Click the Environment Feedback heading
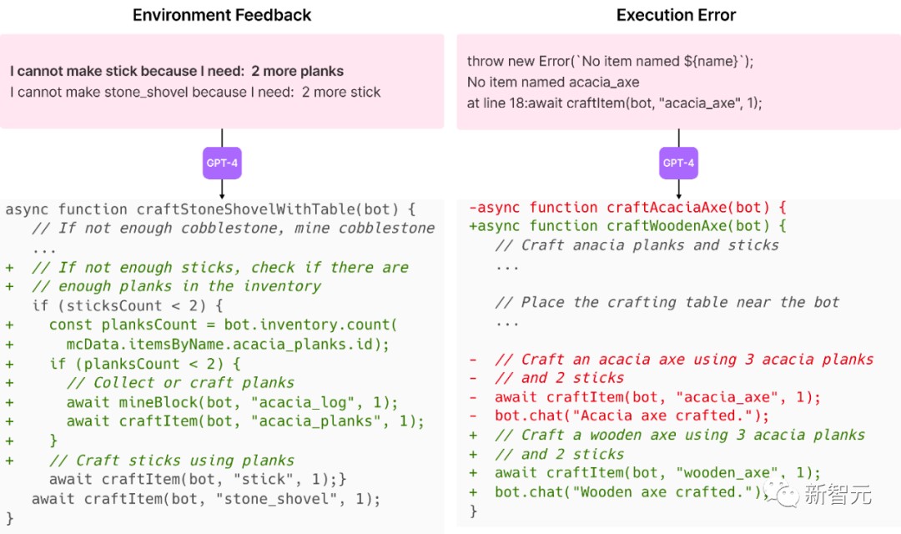coord(222,15)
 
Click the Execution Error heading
coord(676,15)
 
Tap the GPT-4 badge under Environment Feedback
coord(222,163)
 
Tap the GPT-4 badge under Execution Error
coord(678,163)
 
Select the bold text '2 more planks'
coord(298,71)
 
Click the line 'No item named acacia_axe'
coord(553,82)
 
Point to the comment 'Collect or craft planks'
coord(194,383)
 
